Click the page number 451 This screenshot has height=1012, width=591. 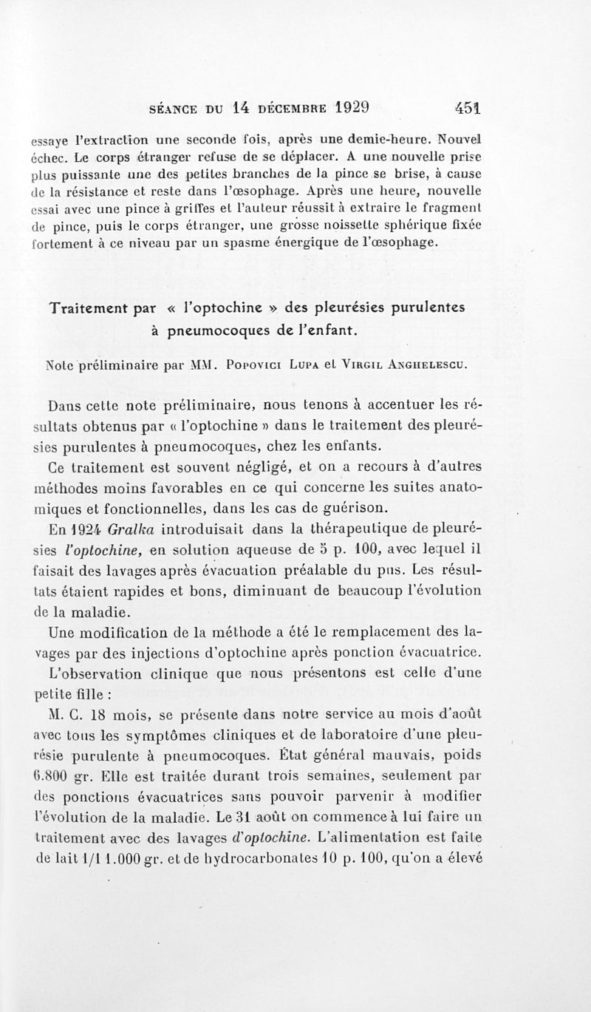pos(468,107)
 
